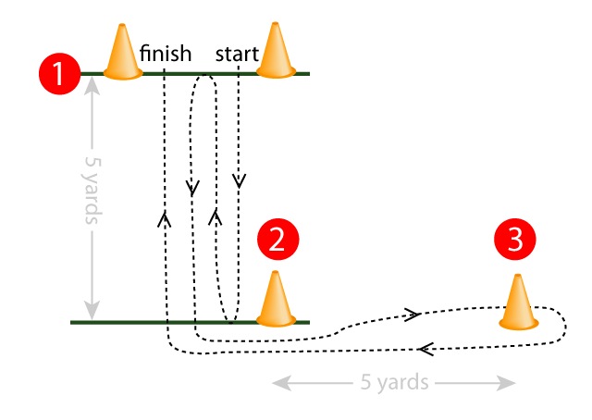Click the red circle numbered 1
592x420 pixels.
click(60, 73)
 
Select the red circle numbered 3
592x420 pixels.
click(515, 240)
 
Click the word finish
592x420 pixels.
click(166, 53)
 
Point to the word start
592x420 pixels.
click(237, 53)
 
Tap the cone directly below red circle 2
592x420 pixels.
click(275, 300)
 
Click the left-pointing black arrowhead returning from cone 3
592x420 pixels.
click(425, 349)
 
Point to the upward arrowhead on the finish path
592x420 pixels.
click(165, 218)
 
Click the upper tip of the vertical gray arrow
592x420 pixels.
click(92, 80)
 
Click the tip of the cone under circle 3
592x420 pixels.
click(520, 278)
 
